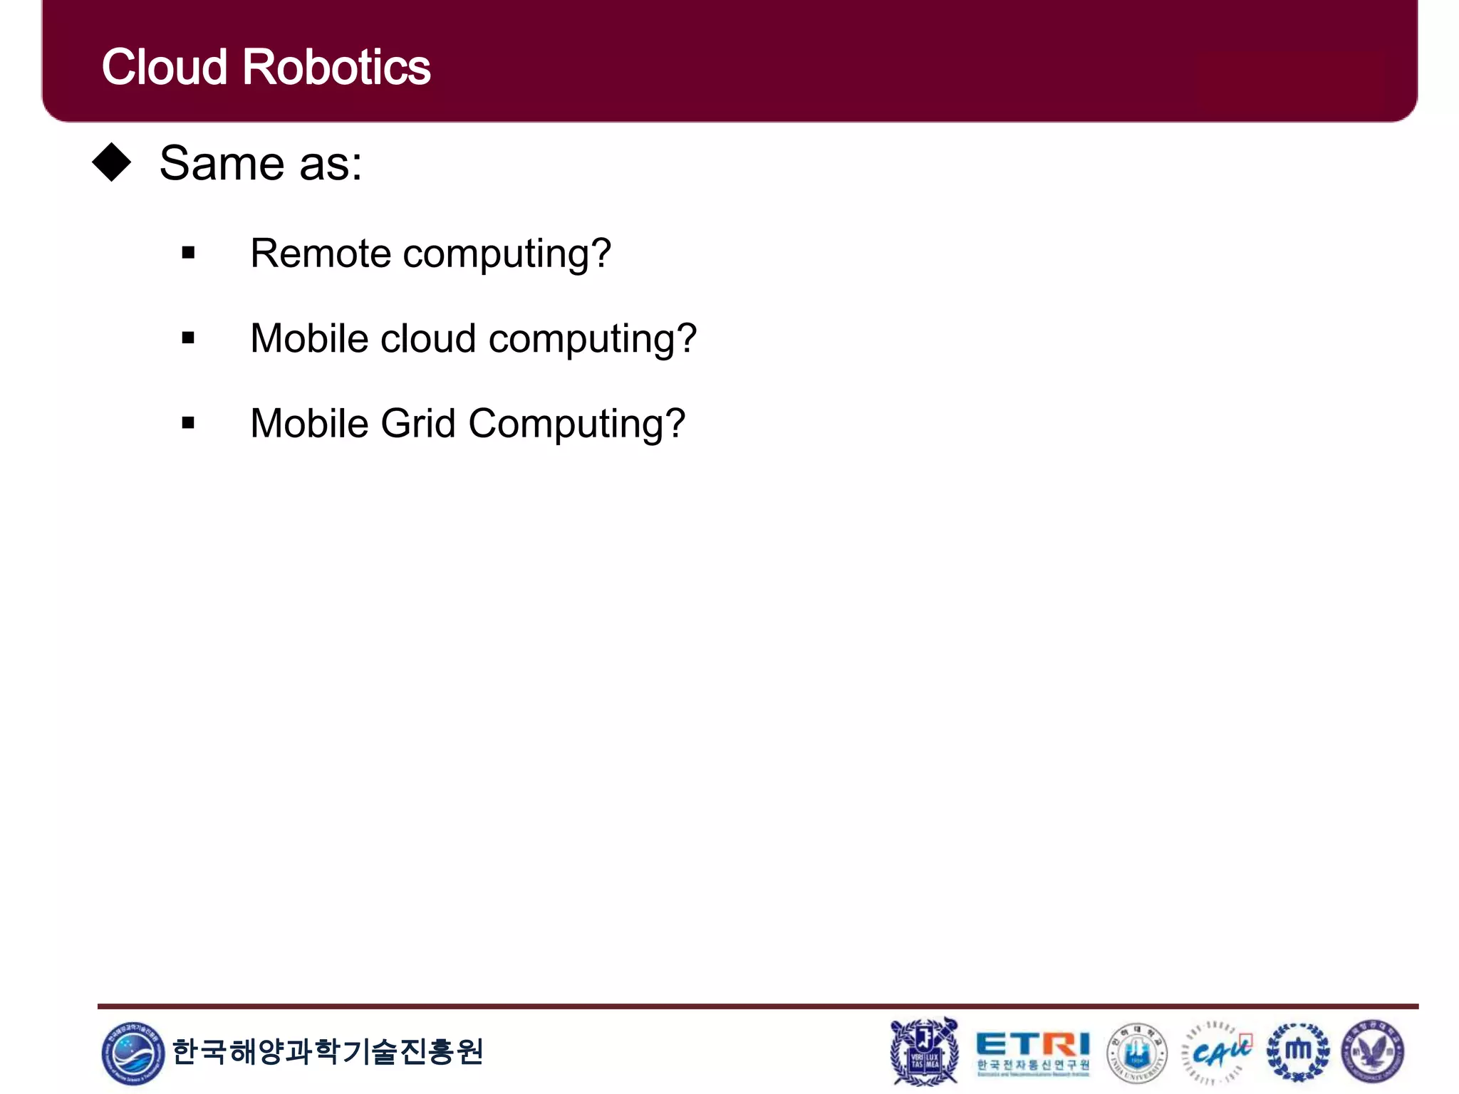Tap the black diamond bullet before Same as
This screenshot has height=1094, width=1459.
pos(112,162)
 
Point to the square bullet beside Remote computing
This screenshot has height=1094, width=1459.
pos(188,252)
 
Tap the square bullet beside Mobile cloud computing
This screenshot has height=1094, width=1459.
pos(188,338)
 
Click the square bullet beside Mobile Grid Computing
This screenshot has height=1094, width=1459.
pos(188,423)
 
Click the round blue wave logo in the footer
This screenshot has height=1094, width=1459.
pos(133,1053)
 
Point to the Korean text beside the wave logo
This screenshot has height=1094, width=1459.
pos(328,1052)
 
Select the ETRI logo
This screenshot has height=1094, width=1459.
pos(1032,1052)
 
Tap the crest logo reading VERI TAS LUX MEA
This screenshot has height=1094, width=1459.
pos(924,1052)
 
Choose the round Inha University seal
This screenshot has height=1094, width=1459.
pos(1137,1053)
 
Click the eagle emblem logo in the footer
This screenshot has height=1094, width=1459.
pos(1373,1052)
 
